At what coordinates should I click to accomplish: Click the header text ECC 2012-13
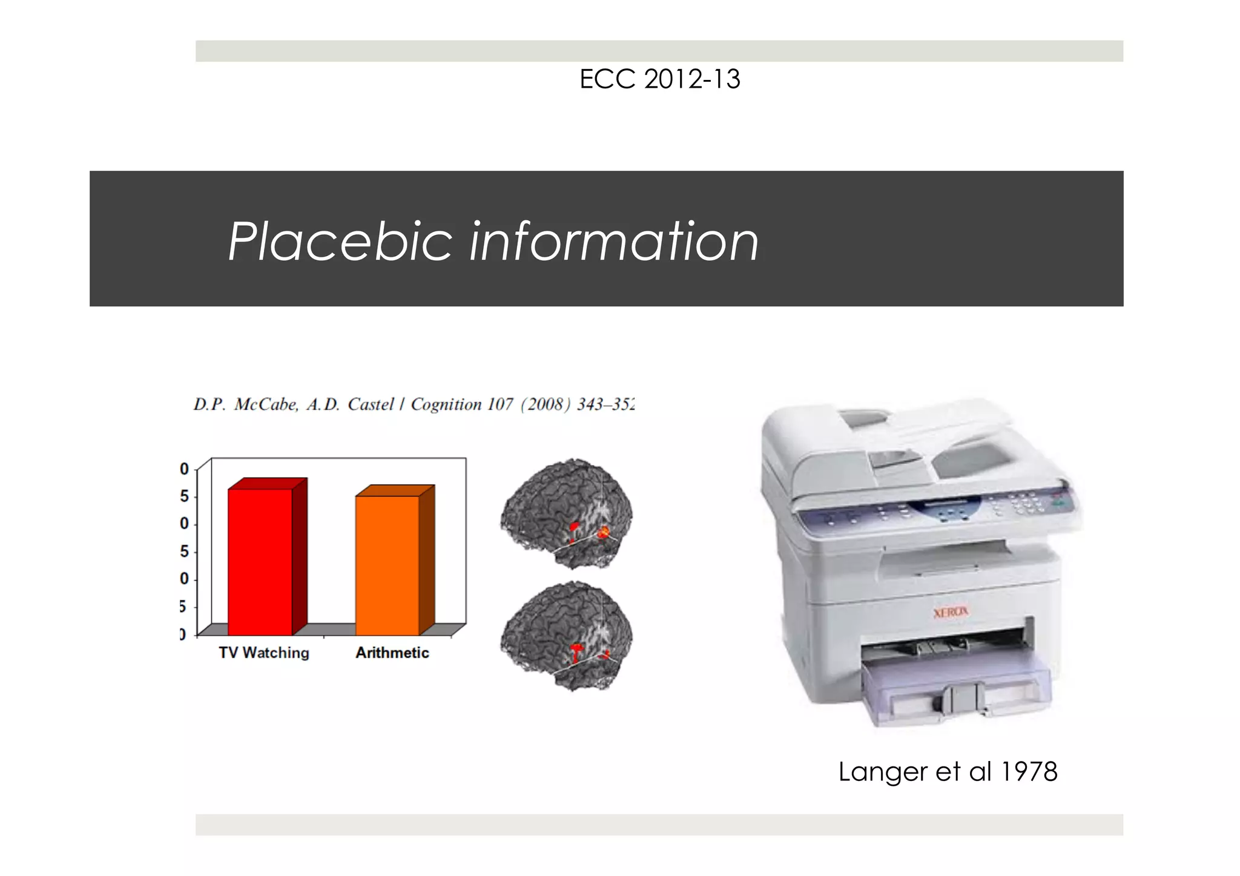pyautogui.click(x=659, y=79)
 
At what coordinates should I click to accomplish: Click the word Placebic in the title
pyautogui.click(x=340, y=242)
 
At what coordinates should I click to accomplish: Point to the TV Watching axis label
pyautogui.click(x=264, y=653)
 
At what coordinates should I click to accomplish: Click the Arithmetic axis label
pyautogui.click(x=392, y=653)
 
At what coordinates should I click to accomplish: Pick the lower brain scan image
pyautogui.click(x=567, y=636)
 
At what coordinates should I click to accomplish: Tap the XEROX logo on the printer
pyautogui.click(x=951, y=612)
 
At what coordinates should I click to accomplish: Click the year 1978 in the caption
pyautogui.click(x=1029, y=772)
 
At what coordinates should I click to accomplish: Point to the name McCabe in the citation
pyautogui.click(x=266, y=404)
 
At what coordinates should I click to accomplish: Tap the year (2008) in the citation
pyautogui.click(x=546, y=404)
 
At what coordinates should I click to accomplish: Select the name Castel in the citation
pyautogui.click(x=371, y=404)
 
